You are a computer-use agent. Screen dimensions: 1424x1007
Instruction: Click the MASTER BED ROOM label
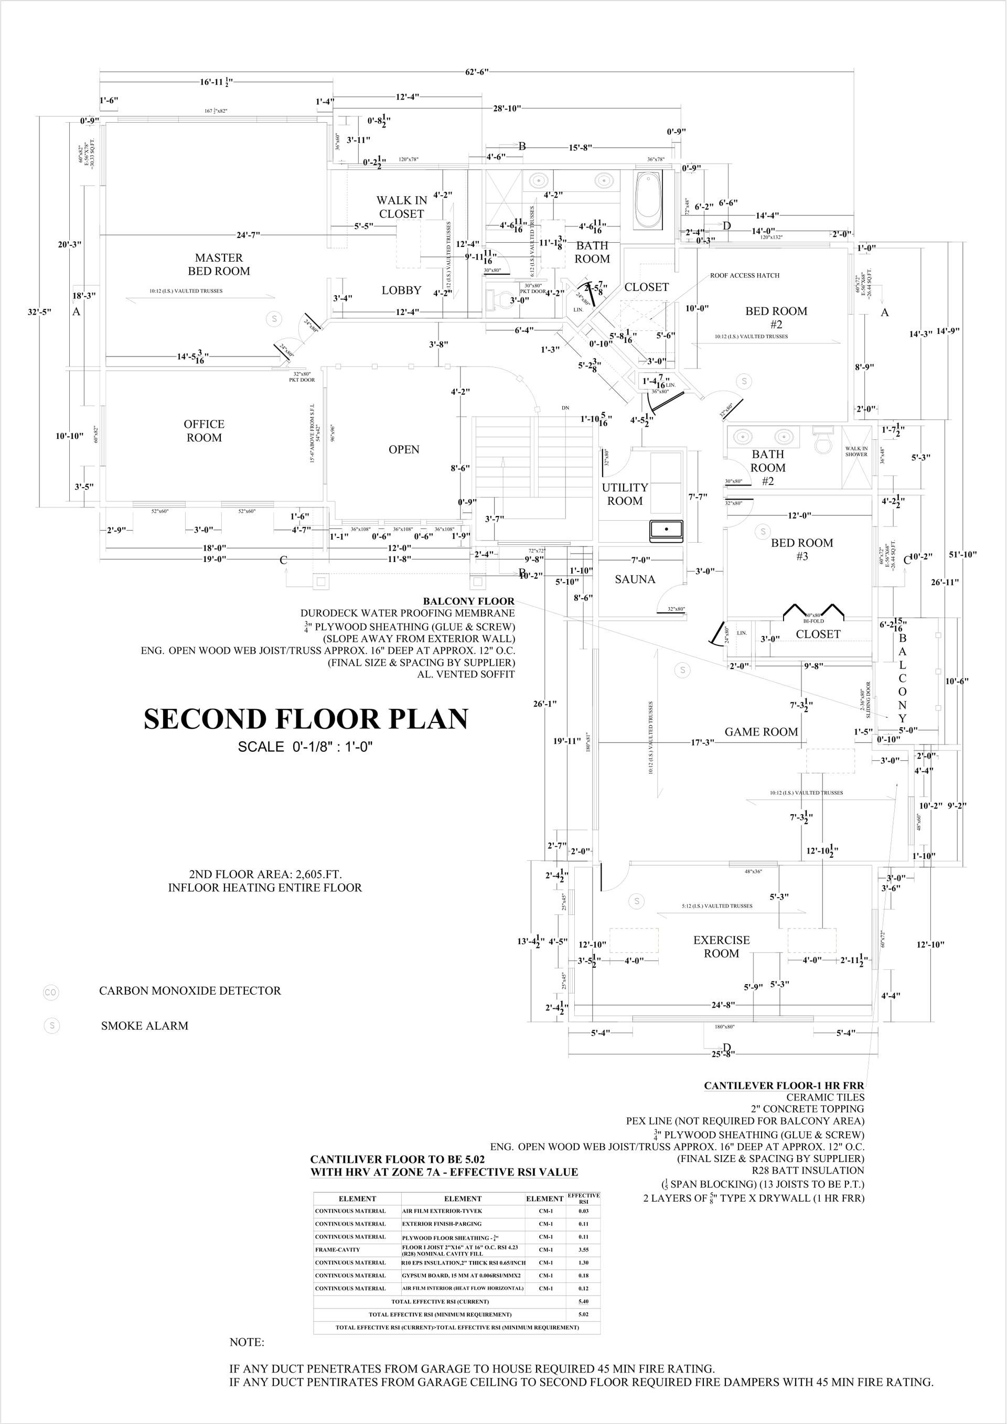[219, 264]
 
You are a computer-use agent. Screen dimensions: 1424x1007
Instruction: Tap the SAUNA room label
[635, 579]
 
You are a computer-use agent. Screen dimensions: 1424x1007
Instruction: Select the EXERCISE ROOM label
[721, 946]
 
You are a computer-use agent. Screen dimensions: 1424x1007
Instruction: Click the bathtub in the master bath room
[649, 200]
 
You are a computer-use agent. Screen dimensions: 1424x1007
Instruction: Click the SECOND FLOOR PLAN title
[306, 719]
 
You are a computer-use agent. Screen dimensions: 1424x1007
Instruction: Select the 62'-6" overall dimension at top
[477, 72]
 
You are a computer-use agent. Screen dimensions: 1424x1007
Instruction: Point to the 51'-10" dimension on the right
[962, 555]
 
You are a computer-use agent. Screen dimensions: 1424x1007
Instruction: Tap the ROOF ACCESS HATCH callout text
[745, 275]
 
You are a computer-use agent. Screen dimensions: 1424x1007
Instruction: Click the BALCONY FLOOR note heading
[468, 601]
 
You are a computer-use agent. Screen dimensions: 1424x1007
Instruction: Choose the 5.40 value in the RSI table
[583, 1301]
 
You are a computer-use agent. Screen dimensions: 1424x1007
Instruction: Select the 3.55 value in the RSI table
[583, 1250]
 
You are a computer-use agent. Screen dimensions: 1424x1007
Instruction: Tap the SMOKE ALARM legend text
[145, 1026]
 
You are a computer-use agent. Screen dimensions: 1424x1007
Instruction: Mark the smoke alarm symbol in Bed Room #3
[763, 532]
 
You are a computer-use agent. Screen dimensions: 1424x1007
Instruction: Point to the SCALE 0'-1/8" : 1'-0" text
[305, 747]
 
